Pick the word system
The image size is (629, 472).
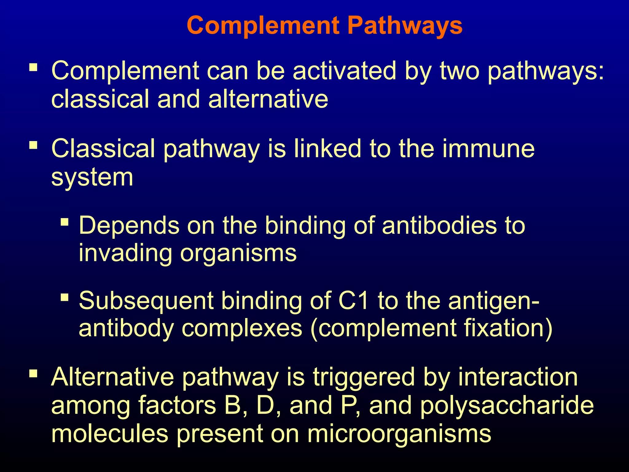[x=92, y=178]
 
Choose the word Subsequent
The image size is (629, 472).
[x=146, y=301]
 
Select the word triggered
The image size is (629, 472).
[x=364, y=377]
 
